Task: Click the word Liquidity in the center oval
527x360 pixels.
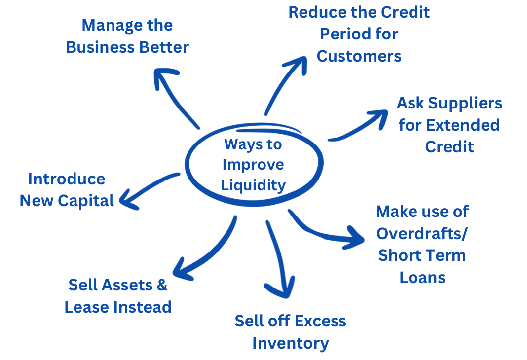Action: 253,185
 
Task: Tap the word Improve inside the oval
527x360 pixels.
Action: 253,164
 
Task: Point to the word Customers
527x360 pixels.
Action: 359,56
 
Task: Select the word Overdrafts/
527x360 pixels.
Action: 422,233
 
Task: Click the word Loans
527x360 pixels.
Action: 422,277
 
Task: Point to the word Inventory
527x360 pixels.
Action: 290,343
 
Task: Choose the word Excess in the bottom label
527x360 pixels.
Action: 322,321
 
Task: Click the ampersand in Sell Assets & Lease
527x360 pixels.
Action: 161,285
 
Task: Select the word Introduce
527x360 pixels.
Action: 67,179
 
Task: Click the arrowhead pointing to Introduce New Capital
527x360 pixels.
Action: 126,200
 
